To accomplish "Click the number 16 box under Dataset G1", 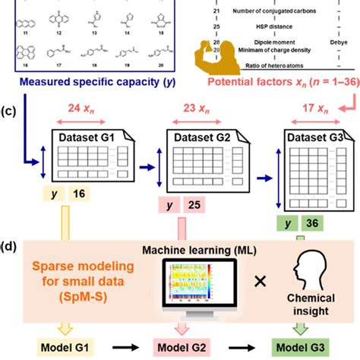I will click(x=78, y=195).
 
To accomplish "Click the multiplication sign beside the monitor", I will click(x=260, y=281).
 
